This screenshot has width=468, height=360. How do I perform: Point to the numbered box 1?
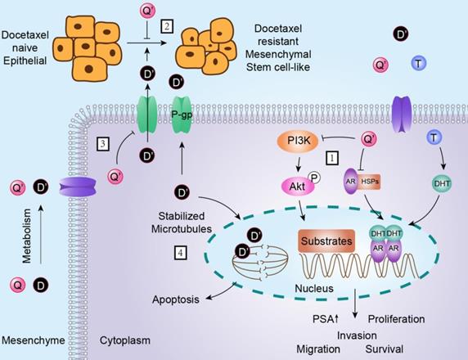coord(332,155)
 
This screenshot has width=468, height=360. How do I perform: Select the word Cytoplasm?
coord(126,340)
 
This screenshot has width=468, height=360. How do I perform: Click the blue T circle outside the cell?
coord(417,63)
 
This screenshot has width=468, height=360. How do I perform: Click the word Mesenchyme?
coord(33,340)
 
